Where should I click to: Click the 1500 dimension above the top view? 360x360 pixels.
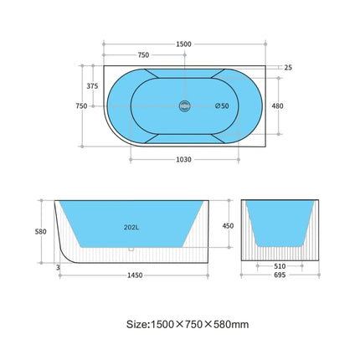tap(184, 44)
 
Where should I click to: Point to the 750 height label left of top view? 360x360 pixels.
tap(81, 105)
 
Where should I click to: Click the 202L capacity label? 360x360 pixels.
tap(130, 226)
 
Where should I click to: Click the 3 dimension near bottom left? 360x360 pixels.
tap(56, 267)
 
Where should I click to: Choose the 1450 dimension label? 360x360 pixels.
tap(130, 275)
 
